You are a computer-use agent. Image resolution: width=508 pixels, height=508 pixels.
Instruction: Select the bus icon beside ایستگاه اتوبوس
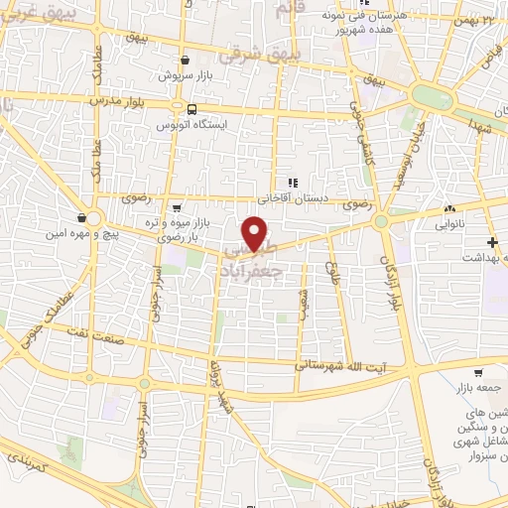188,109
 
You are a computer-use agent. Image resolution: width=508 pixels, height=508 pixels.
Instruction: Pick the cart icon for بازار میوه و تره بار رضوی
176,207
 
